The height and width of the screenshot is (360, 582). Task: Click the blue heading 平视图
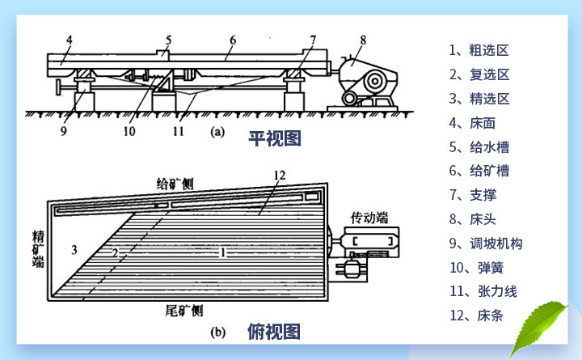click(274, 139)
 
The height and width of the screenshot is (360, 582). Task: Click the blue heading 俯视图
click(274, 332)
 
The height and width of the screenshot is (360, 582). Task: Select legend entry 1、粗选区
click(479, 50)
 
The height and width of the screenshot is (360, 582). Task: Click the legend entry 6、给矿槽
click(479, 171)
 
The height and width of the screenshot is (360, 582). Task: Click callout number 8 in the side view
click(363, 38)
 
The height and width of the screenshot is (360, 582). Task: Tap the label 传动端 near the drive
click(369, 218)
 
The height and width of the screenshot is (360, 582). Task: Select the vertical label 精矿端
click(38, 250)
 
